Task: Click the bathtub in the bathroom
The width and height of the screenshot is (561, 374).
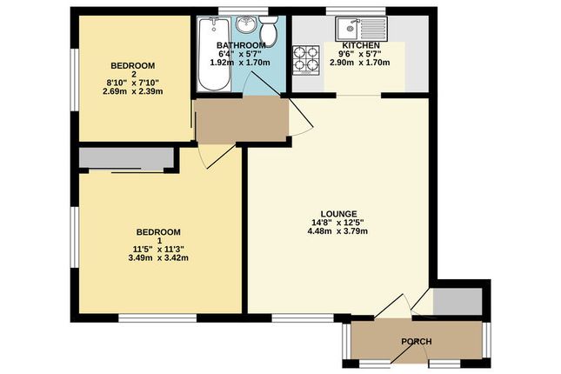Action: pos(214,54)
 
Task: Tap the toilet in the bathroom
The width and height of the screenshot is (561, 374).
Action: pos(269,30)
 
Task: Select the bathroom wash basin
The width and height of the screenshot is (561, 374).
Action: pos(246,24)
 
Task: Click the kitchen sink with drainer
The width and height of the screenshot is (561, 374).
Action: pos(361,29)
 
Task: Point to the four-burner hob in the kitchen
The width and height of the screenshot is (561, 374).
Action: pos(306,61)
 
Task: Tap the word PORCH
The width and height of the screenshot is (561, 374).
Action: pos(416,342)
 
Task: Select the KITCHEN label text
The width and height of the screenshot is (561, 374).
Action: pos(361,46)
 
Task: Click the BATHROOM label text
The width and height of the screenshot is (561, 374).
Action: pos(241,45)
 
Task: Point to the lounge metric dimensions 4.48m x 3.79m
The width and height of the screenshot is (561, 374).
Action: pos(337,231)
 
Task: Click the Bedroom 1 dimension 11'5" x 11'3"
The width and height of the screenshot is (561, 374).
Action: pos(158,249)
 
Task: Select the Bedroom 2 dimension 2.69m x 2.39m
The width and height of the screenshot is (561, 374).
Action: pos(133,91)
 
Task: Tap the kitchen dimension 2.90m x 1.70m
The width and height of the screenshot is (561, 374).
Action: pos(359,63)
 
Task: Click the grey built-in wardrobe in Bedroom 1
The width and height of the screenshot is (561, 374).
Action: pos(126,157)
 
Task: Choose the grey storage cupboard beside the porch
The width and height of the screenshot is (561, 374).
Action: pos(457,301)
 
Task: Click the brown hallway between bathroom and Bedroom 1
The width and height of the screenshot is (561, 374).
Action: pos(242,120)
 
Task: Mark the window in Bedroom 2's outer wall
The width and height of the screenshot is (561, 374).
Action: pos(75,79)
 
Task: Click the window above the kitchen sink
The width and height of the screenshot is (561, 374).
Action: pos(357,11)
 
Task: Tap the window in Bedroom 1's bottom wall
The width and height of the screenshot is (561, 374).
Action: pos(157,317)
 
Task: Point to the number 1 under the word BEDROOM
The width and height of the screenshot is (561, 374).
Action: pos(158,241)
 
